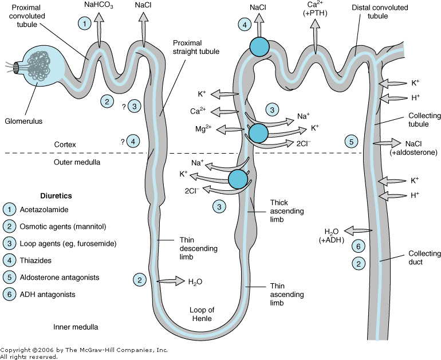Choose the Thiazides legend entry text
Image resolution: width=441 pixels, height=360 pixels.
[x=36, y=260]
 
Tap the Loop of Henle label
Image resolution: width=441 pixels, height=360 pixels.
[x=202, y=315]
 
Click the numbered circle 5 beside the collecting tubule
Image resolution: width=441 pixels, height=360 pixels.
[x=352, y=141]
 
